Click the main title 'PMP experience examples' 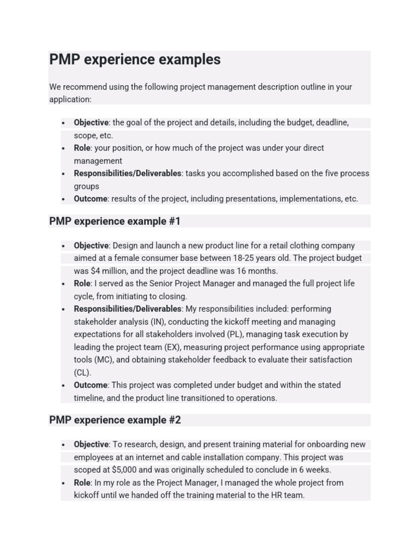tap(135, 60)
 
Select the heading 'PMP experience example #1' tap(115, 221)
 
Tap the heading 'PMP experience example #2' tap(115, 420)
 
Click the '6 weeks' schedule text tap(313, 469)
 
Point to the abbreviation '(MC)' tap(104, 360)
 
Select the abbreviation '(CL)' tap(83, 372)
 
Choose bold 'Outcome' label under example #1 tap(91, 385)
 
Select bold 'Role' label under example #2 tap(82, 483)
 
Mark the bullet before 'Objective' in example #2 tap(64, 445)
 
